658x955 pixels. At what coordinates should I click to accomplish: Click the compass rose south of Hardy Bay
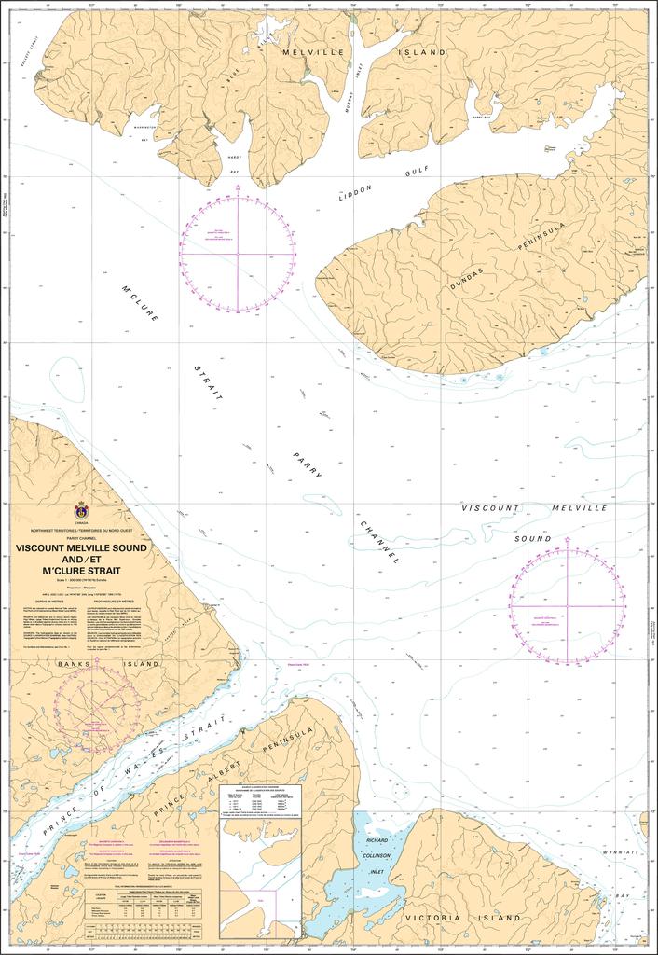[239, 253]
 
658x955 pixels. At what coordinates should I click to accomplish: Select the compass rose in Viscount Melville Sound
[568, 607]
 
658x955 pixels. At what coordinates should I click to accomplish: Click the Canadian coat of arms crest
[81, 512]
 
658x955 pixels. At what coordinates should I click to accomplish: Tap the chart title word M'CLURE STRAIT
[82, 570]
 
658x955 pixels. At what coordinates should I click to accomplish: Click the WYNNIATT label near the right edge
[624, 852]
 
